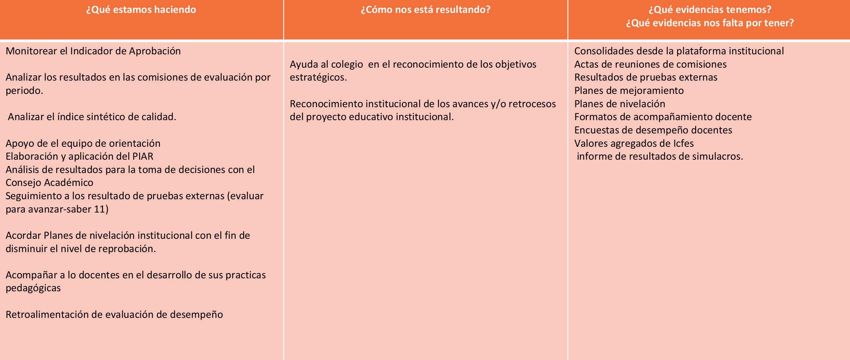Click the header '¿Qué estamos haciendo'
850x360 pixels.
click(x=141, y=10)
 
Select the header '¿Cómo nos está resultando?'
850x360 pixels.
click(x=425, y=10)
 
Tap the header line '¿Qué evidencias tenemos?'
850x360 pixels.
click(x=710, y=10)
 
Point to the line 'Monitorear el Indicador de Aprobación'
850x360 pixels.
click(x=93, y=51)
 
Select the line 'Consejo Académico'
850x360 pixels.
click(x=49, y=183)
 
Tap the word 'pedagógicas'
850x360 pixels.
click(x=33, y=288)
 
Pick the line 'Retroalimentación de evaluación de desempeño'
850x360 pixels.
click(x=114, y=315)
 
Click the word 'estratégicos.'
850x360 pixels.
click(x=318, y=78)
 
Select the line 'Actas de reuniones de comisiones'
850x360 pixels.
click(x=650, y=64)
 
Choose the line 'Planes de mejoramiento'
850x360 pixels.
click(x=629, y=91)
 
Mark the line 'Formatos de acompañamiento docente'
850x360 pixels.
click(x=663, y=117)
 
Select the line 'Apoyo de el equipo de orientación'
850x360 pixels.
click(x=83, y=143)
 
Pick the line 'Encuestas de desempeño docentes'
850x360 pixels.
click(x=653, y=130)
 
